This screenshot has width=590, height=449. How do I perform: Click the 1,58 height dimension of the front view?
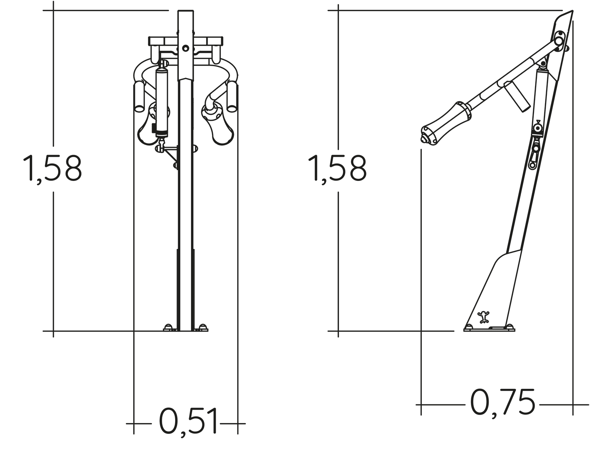pos(52,169)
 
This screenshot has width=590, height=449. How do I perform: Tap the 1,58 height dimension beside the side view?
pos(337,169)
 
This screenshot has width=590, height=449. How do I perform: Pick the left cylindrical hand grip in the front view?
pos(140,97)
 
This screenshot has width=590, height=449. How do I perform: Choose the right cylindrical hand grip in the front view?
pos(232,97)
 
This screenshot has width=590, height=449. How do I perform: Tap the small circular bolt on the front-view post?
pos(185,48)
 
